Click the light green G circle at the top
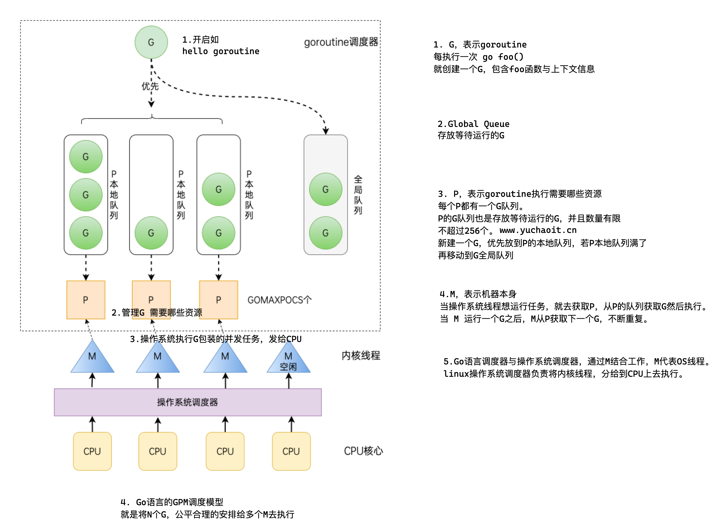coord(151,42)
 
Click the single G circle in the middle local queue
coord(151,233)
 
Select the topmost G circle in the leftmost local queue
coord(86,157)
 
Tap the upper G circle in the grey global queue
coord(325,189)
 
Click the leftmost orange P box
coord(86,300)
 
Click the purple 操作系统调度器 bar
coord(188,402)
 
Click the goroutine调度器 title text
coord(341,42)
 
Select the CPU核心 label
coord(363,451)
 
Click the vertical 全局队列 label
coord(358,195)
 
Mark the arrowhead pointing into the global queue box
coord(326,131)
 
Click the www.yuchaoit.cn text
coord(538,230)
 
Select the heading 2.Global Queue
coord(473,124)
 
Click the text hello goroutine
coord(221,51)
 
